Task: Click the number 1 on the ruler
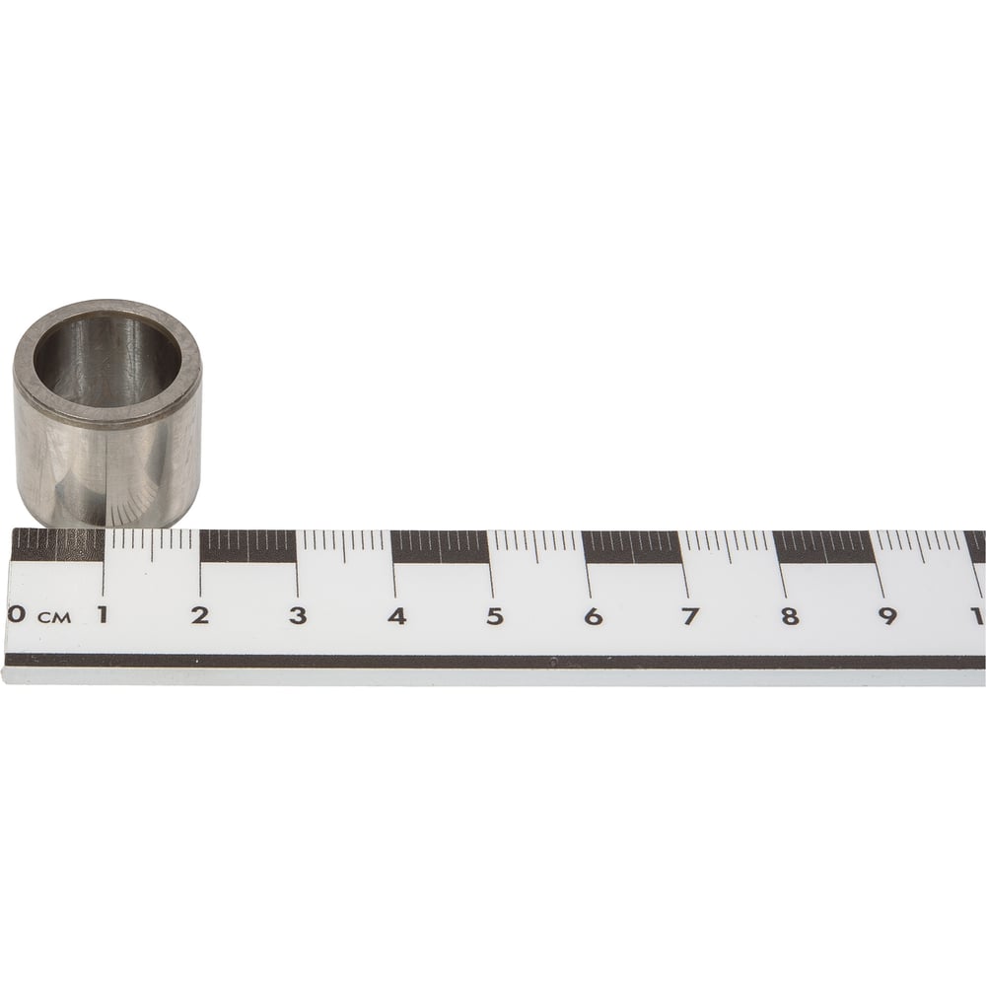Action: [102, 614]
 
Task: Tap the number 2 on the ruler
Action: [200, 615]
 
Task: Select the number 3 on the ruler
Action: [298, 615]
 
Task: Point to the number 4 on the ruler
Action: [396, 616]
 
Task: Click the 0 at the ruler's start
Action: [17, 613]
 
